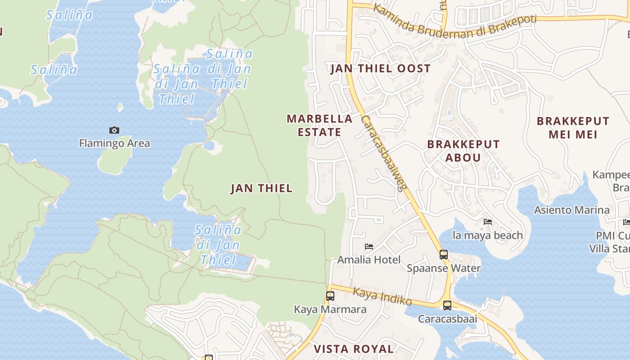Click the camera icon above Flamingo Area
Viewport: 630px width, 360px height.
114,130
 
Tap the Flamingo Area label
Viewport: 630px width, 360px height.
114,144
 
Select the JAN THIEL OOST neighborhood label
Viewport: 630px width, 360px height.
381,69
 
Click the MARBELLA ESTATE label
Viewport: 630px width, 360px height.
319,126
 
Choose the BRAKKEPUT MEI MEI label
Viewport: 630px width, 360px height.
573,128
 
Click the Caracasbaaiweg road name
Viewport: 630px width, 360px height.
384,153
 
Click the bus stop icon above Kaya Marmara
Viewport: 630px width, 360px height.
330,296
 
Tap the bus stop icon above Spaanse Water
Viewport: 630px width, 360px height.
444,255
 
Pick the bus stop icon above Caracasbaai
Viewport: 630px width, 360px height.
447,306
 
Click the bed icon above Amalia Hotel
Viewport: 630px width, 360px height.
369,246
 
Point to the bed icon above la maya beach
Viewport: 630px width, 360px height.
487,221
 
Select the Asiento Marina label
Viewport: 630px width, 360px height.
571,210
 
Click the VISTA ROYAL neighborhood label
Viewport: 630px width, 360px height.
353,349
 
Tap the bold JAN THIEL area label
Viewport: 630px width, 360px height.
261,189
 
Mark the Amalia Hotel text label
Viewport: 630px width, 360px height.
369,260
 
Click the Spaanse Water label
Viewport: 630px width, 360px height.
444,268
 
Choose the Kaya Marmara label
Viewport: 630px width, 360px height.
330,310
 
